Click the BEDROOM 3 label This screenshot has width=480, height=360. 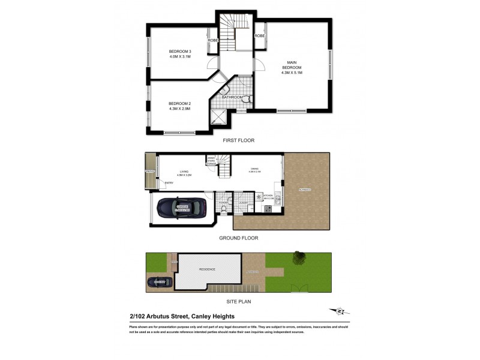[179, 51]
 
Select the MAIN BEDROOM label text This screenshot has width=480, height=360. [292, 65]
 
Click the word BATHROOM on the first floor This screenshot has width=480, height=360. [232, 97]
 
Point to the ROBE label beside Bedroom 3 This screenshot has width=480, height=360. [212, 40]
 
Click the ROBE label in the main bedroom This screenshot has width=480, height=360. [259, 36]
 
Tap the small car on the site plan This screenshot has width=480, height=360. [158, 281]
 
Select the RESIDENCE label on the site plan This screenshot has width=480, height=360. [206, 270]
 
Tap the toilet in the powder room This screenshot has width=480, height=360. [221, 209]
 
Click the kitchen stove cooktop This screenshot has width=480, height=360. [268, 209]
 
